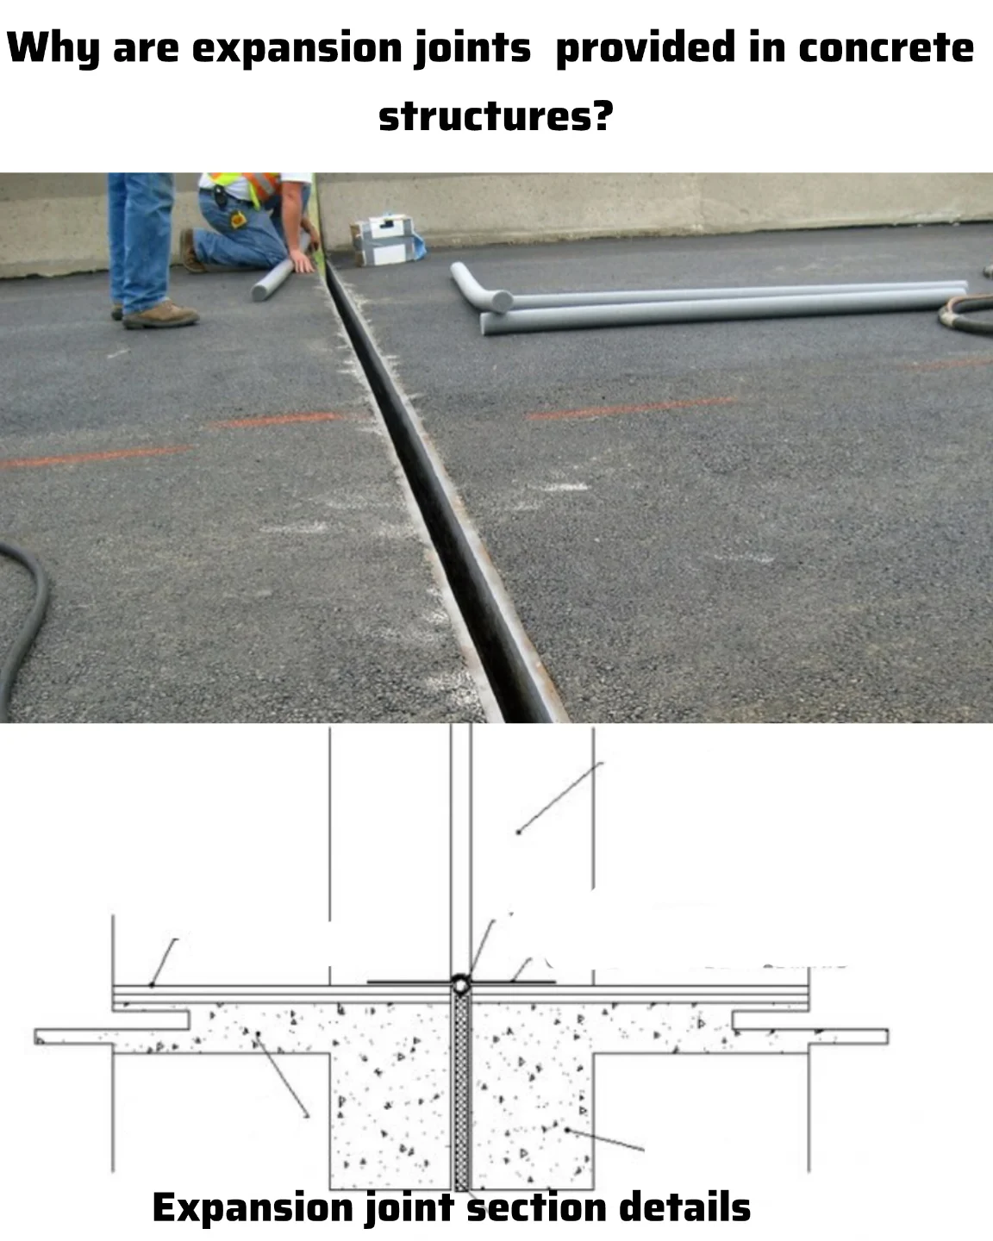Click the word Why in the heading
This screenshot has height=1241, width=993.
pyautogui.click(x=53, y=48)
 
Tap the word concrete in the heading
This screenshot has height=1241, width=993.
pyautogui.click(x=886, y=47)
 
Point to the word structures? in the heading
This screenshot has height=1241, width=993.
pyautogui.click(x=496, y=115)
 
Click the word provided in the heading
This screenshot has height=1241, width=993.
pyautogui.click(x=646, y=48)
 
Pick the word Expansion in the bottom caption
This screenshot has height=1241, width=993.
pyautogui.click(x=253, y=1207)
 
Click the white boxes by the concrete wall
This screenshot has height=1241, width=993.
pyautogui.click(x=386, y=240)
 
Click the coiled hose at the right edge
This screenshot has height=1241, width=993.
pyautogui.click(x=966, y=311)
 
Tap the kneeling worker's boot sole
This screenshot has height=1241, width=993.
pyautogui.click(x=190, y=250)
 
